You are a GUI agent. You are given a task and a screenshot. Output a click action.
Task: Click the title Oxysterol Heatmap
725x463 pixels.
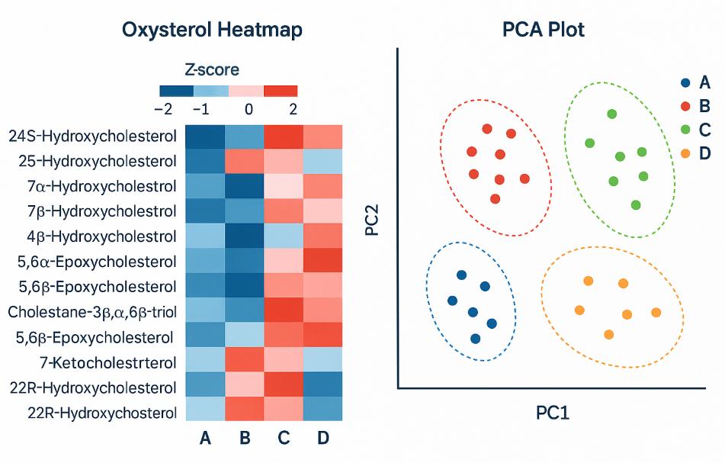click(x=213, y=30)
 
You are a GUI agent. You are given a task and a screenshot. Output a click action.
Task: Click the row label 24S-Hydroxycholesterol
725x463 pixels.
click(x=92, y=137)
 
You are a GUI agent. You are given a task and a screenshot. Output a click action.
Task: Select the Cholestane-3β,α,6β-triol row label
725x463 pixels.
click(x=92, y=312)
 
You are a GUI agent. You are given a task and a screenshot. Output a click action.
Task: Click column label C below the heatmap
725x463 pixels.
click(x=283, y=438)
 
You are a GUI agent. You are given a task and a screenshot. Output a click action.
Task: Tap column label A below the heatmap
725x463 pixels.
click(x=204, y=438)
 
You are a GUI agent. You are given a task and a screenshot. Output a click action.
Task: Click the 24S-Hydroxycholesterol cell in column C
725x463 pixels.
click(x=283, y=137)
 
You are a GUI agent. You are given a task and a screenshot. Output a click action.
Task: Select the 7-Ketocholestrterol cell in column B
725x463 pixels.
click(x=243, y=362)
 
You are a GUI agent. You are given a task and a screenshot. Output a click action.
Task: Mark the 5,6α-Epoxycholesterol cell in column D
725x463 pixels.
click(x=322, y=262)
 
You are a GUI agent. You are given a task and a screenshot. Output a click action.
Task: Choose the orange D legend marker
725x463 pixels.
click(x=685, y=153)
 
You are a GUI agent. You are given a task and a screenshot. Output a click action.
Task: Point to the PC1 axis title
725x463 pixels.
click(x=553, y=413)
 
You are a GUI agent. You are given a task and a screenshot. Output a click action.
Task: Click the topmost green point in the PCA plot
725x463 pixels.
click(x=611, y=114)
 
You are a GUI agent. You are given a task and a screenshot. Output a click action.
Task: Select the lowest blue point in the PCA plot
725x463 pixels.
click(x=476, y=338)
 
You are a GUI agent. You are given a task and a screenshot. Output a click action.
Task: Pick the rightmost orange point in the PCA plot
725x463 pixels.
click(x=656, y=312)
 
